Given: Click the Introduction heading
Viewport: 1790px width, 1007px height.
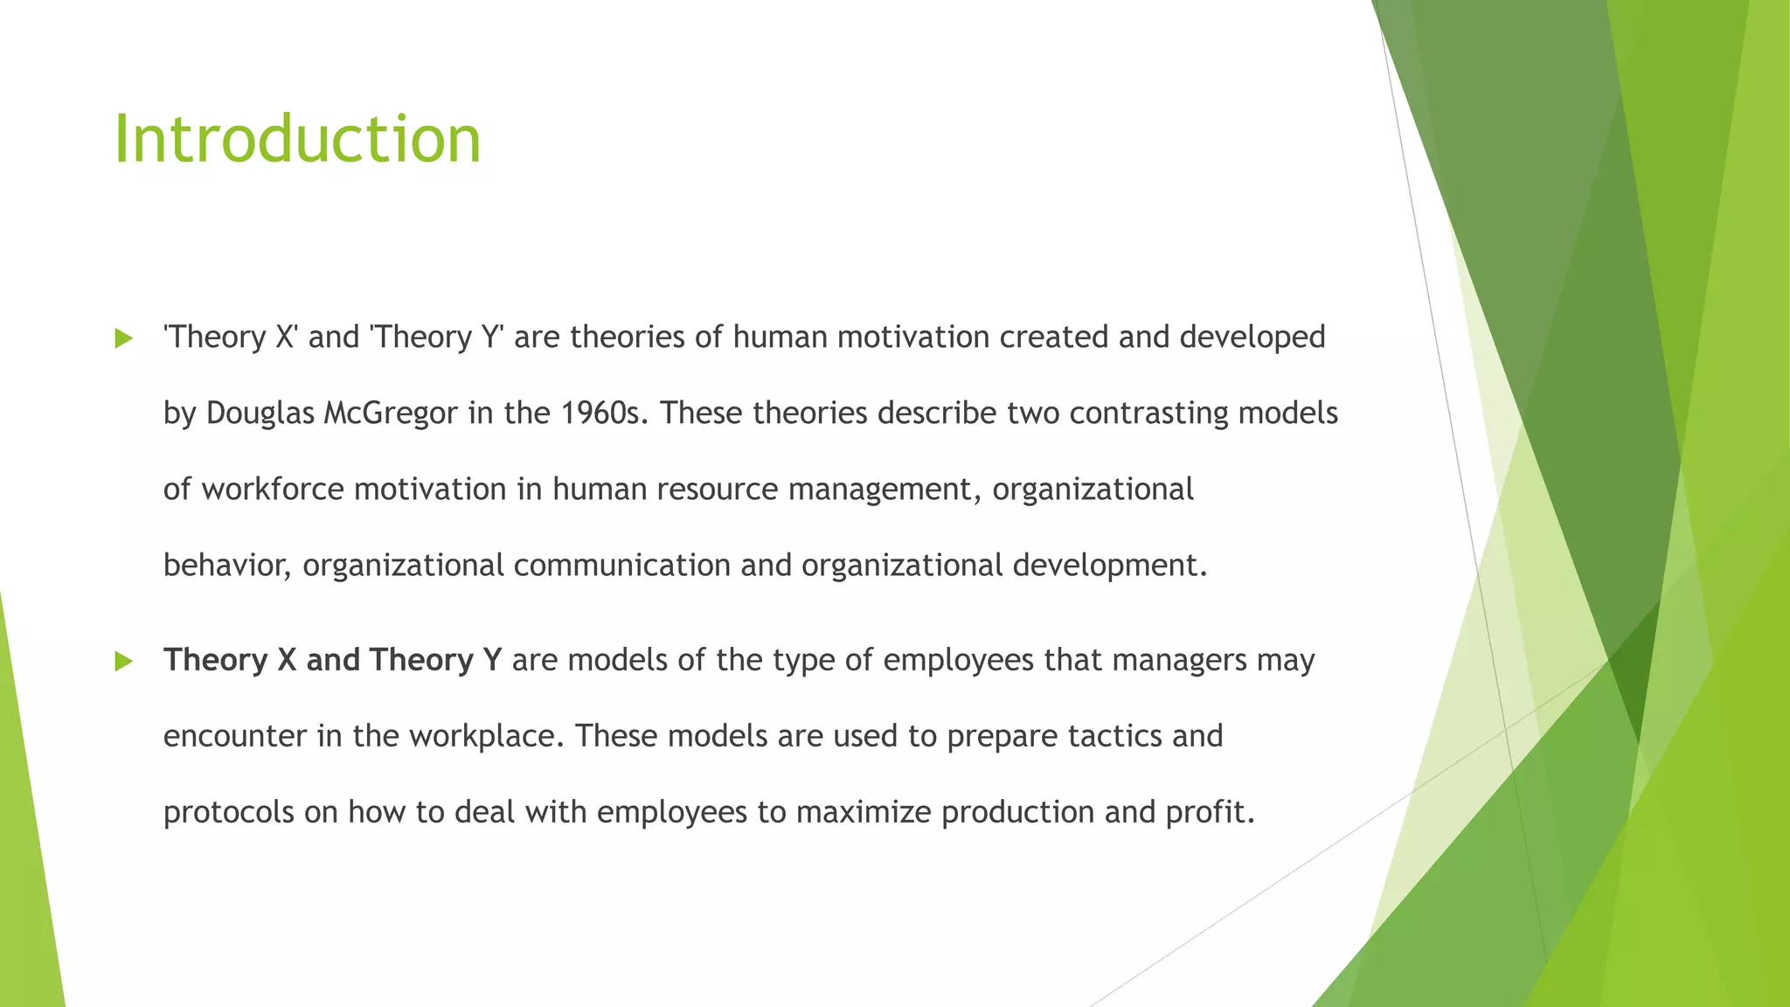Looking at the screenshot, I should click(x=297, y=140).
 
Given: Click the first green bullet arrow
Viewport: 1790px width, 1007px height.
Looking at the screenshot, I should click(x=123, y=339).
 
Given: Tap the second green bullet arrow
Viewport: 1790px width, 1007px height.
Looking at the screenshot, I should click(x=123, y=662).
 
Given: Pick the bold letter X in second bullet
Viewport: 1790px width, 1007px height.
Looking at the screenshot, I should click(x=287, y=660).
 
